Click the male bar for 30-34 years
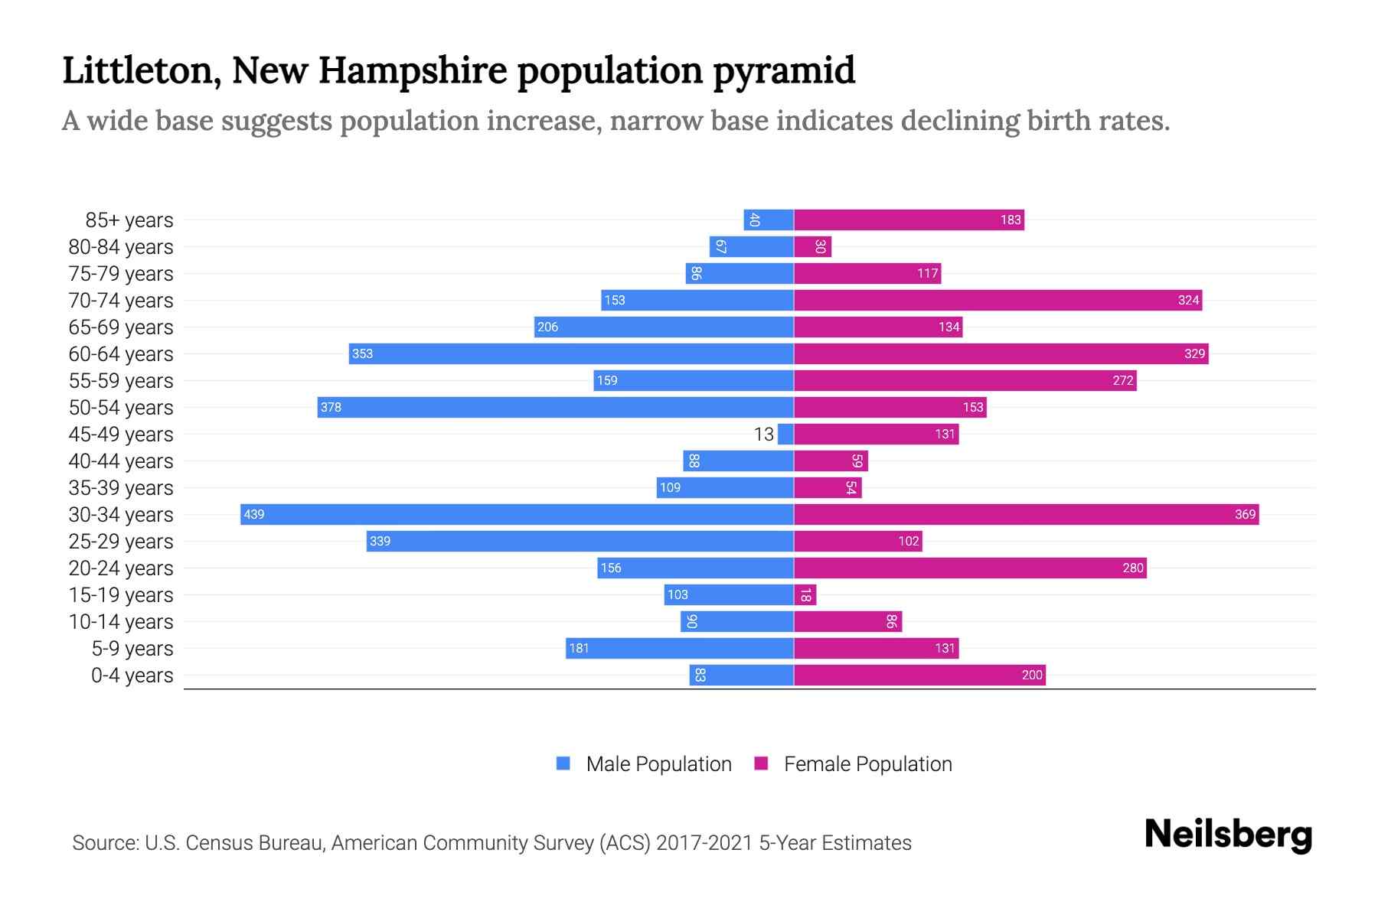517,514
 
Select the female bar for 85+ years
909,220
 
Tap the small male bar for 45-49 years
785,435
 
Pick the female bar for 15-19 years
805,595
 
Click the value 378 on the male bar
331,408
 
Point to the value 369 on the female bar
1245,515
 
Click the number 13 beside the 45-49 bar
763,435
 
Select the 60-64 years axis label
121,354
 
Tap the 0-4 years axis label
132,675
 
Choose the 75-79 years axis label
121,274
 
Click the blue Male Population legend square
563,763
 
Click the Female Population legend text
867,764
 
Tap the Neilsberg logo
1228,835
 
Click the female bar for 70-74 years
998,301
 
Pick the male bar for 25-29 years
580,542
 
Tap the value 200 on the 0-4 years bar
1032,675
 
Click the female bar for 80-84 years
812,247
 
